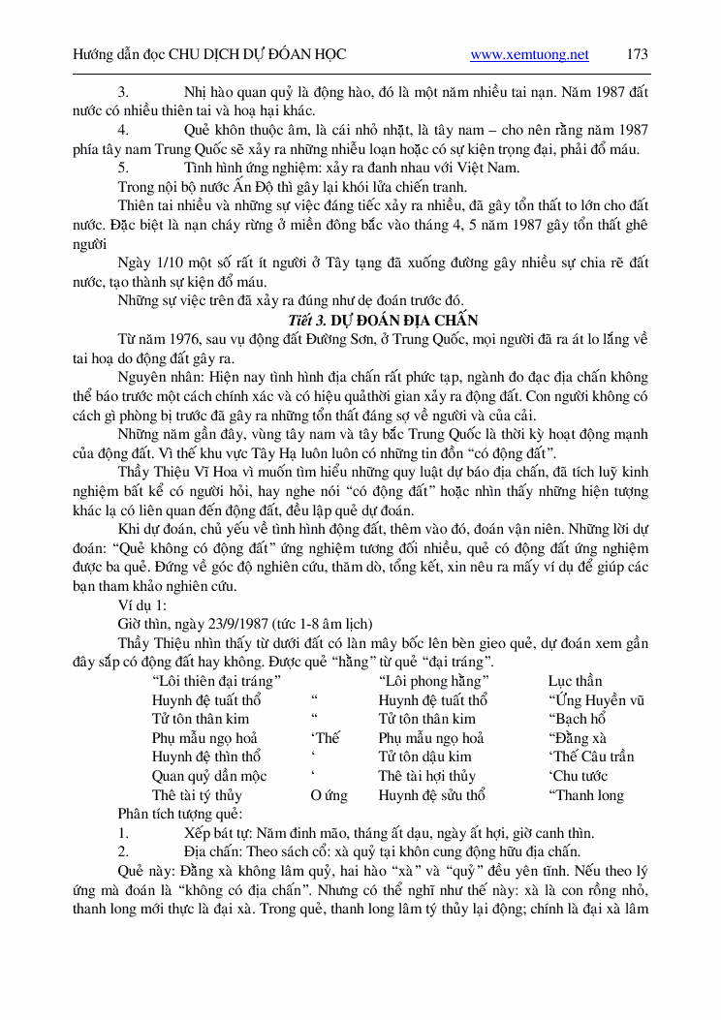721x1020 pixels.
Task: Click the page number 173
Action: (x=637, y=55)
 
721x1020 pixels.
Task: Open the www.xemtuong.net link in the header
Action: (x=529, y=55)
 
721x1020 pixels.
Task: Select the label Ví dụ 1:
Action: (x=143, y=604)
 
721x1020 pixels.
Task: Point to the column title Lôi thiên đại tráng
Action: (x=217, y=681)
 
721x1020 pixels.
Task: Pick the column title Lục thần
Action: (x=575, y=681)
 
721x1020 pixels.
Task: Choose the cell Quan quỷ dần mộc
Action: (x=209, y=776)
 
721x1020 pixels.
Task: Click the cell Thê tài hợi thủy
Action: (x=426, y=776)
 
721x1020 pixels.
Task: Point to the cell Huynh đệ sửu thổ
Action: (x=432, y=795)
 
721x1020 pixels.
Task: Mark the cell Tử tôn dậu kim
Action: (x=425, y=757)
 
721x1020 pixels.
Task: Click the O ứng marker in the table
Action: (x=329, y=795)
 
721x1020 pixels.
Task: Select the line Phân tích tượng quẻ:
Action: (x=180, y=814)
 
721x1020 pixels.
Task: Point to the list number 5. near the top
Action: (x=123, y=168)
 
